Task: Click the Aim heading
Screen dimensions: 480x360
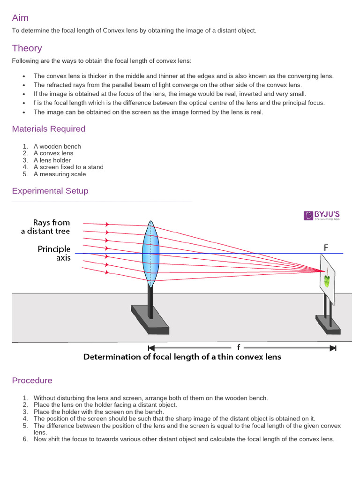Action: click(20, 18)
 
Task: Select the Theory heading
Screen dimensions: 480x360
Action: click(27, 48)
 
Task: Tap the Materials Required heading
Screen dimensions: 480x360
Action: click(49, 128)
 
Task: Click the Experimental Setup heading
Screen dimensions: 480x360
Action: click(50, 191)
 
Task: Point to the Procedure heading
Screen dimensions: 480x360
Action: click(32, 380)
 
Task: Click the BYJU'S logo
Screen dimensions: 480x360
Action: click(322, 215)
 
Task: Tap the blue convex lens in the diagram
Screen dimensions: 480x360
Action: click(150, 254)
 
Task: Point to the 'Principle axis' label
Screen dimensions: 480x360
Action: click(54, 253)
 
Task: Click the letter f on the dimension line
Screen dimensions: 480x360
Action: click(239, 347)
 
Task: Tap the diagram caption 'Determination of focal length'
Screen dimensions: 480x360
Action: click(182, 357)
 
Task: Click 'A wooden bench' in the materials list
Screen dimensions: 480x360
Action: click(57, 146)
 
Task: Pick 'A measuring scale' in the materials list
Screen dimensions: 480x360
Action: click(60, 174)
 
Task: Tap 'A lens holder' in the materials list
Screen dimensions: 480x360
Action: click(52, 160)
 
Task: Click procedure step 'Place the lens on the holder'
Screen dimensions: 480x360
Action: click(105, 405)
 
